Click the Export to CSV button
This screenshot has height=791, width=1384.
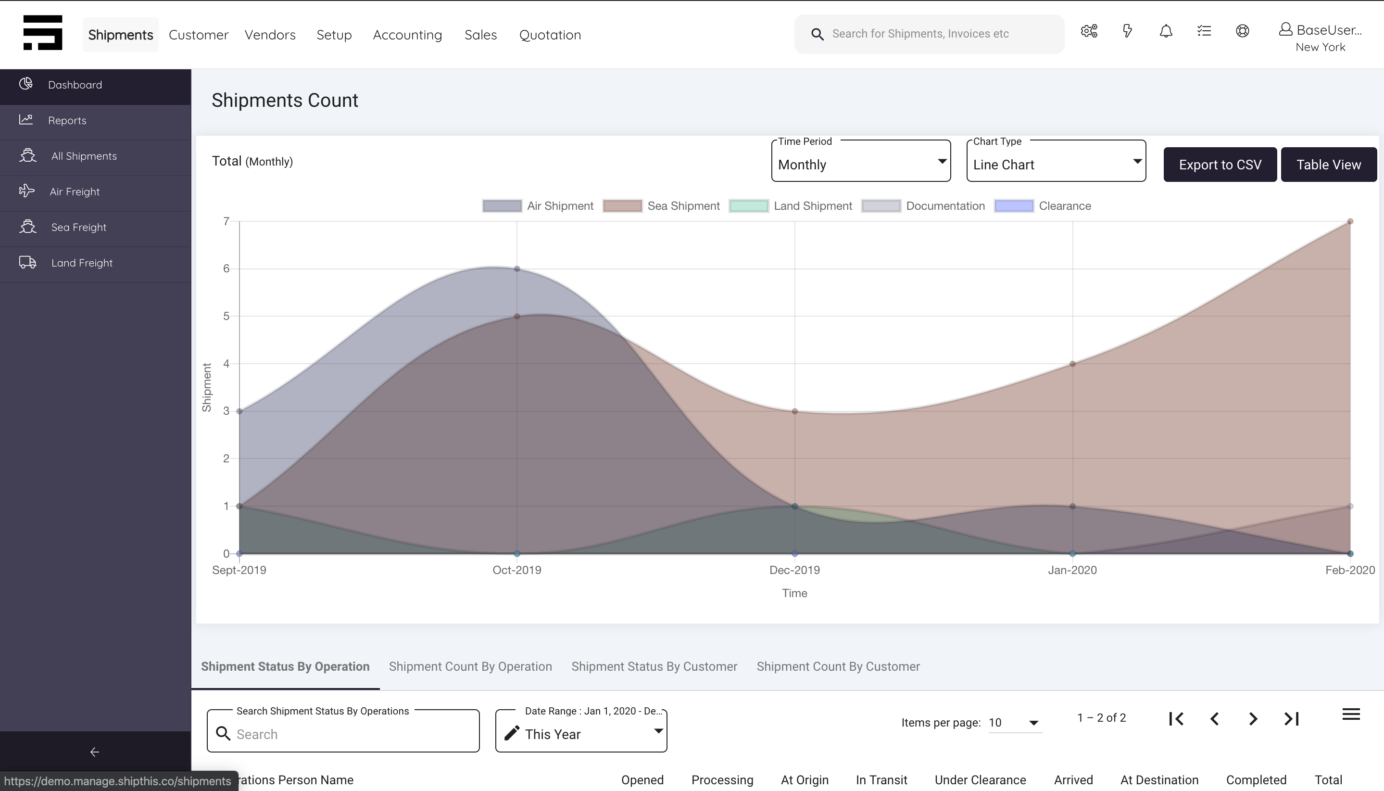(x=1220, y=165)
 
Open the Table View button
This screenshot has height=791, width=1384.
(x=1328, y=165)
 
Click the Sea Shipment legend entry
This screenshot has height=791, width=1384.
(x=661, y=206)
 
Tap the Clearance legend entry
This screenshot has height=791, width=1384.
(x=1043, y=206)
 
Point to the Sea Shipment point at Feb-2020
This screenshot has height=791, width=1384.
(x=1350, y=222)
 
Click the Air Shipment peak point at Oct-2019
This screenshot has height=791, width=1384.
(x=517, y=269)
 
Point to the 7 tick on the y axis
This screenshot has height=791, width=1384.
(x=226, y=221)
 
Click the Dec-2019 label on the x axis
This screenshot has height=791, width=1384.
(x=794, y=570)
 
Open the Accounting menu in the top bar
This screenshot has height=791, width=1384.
(x=407, y=35)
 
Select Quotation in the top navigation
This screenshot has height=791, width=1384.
(x=550, y=35)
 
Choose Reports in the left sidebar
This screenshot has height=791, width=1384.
(x=67, y=121)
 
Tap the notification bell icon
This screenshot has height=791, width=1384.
(x=1166, y=31)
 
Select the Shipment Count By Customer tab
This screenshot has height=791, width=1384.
(x=838, y=666)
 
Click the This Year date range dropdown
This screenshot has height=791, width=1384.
(x=581, y=731)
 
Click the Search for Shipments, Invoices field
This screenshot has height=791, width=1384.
(x=929, y=34)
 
